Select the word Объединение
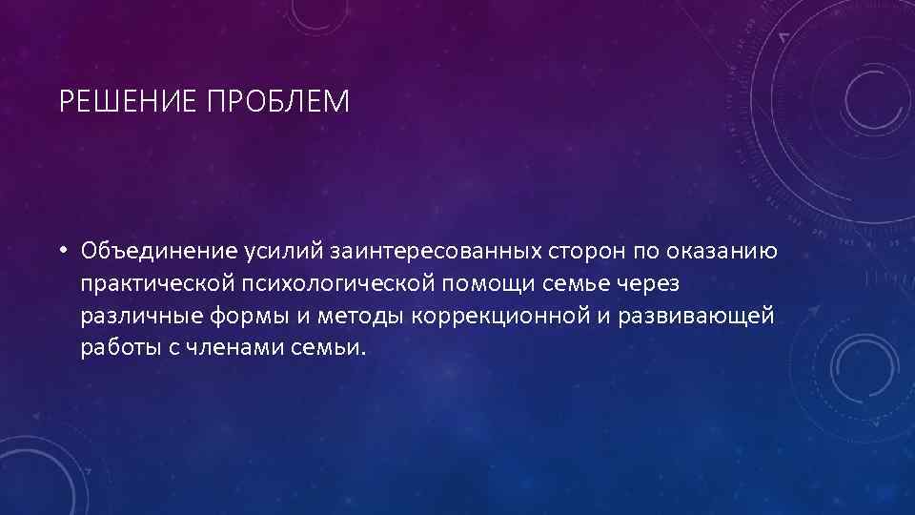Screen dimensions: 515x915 pos(158,252)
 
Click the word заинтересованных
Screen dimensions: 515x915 pos(437,252)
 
